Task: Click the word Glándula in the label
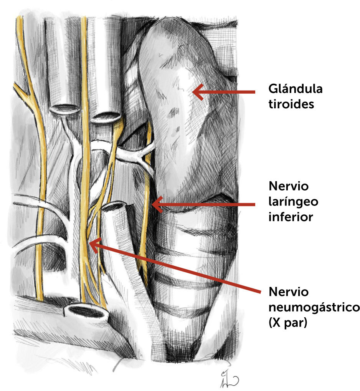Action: click(x=296, y=89)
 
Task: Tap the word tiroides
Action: click(x=291, y=104)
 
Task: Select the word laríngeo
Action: click(x=294, y=202)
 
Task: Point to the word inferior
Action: click(x=291, y=216)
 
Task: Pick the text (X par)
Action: click(x=288, y=322)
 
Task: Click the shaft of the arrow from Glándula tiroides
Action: click(x=230, y=92)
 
